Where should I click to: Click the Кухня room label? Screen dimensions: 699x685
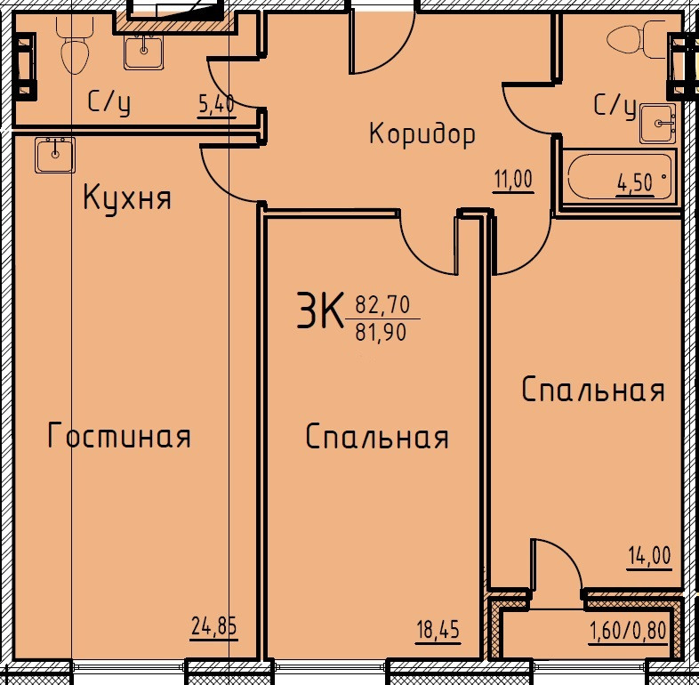(x=127, y=198)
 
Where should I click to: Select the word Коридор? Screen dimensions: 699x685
(x=422, y=134)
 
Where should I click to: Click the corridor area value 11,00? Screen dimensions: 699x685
(x=512, y=180)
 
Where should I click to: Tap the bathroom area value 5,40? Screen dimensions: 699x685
(x=217, y=105)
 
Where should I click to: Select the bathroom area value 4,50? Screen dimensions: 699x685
(x=636, y=183)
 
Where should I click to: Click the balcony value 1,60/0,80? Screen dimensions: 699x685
(x=629, y=631)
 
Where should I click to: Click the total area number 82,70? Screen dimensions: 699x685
(x=382, y=305)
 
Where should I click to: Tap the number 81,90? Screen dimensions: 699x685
(x=382, y=332)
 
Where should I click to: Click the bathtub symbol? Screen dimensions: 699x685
(x=620, y=177)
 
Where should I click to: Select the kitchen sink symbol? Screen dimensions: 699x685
(x=55, y=155)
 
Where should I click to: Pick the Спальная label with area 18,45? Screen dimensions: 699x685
(x=377, y=437)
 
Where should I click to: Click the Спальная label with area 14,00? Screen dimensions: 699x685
(x=593, y=389)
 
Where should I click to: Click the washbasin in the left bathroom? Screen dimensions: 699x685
(x=143, y=52)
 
